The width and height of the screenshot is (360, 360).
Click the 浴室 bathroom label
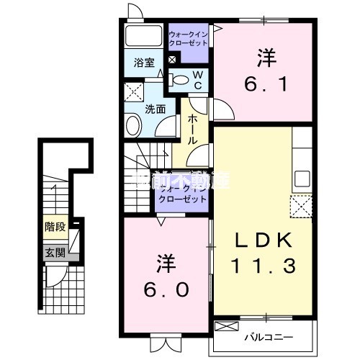(x=143, y=63)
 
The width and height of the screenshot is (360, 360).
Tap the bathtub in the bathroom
(x=143, y=37)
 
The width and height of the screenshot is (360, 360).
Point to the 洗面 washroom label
(x=155, y=109)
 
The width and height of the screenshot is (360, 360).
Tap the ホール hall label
(x=193, y=130)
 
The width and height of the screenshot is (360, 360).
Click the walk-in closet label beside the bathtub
(x=188, y=37)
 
